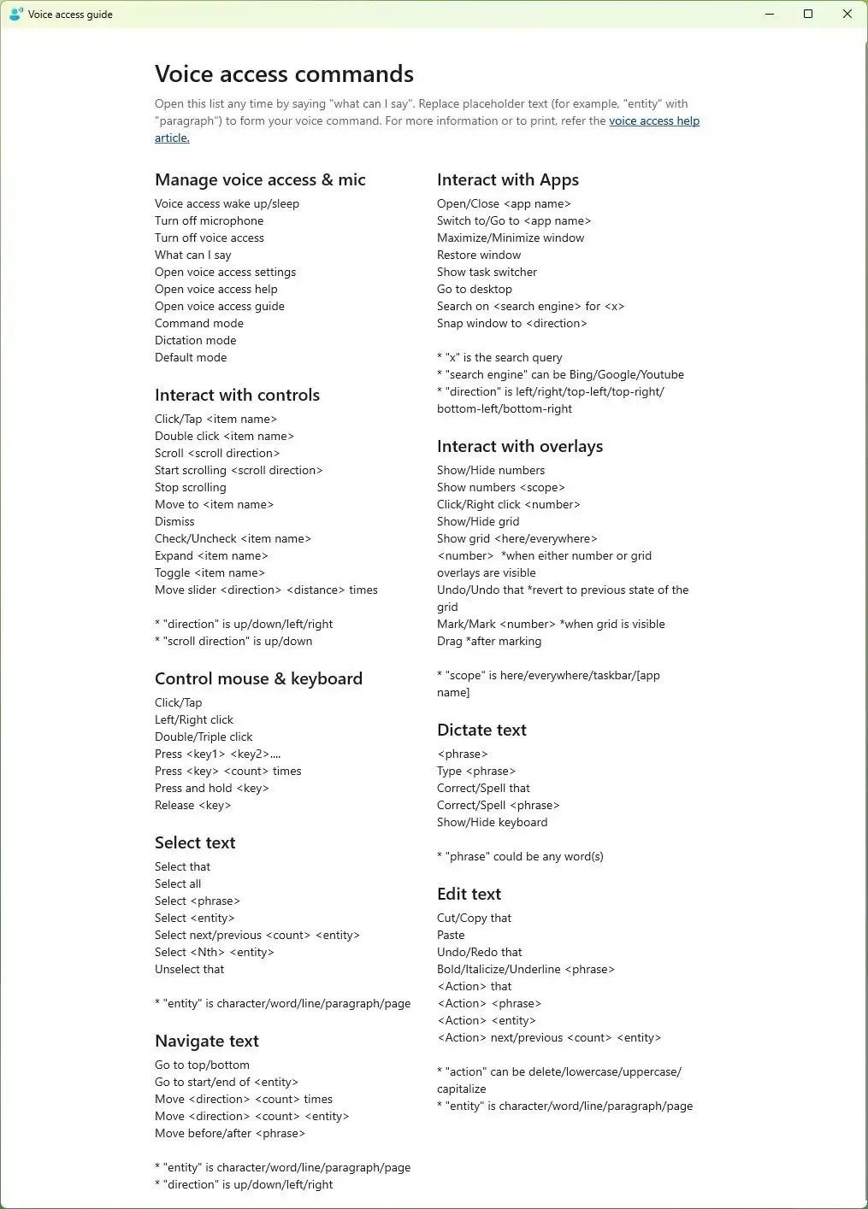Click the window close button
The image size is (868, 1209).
click(847, 15)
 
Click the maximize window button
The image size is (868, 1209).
click(808, 15)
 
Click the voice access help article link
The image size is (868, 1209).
click(653, 121)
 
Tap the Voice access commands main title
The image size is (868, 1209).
click(284, 74)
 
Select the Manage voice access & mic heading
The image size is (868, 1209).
click(260, 180)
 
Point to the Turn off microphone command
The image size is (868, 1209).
click(209, 221)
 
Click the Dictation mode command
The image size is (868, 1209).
click(195, 341)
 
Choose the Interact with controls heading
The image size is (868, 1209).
click(237, 396)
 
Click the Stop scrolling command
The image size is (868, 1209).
click(190, 488)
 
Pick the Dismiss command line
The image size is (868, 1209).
click(174, 522)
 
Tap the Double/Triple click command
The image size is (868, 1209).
click(204, 737)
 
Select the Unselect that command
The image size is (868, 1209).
click(189, 970)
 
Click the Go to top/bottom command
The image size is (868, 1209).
click(202, 1065)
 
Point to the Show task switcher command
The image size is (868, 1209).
click(487, 273)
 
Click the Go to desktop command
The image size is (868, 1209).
click(474, 290)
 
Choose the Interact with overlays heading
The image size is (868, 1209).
click(519, 447)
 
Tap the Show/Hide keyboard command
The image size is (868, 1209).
click(492, 823)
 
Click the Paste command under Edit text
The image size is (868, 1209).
click(451, 936)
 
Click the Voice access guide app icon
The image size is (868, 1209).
click(15, 15)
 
